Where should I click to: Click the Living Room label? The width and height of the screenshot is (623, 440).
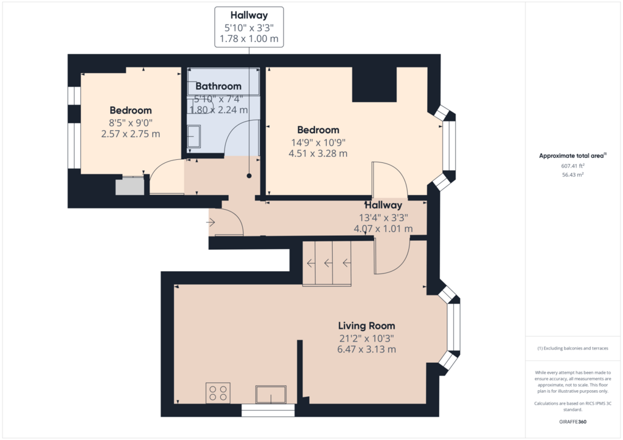pyautogui.click(x=366, y=326)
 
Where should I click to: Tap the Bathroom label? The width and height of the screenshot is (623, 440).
pyautogui.click(x=218, y=86)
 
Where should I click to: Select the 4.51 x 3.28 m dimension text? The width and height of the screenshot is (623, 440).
pyautogui.click(x=318, y=153)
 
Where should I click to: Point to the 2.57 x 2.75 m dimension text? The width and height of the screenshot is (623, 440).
pyautogui.click(x=130, y=134)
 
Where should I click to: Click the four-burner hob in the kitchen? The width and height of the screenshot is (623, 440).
pyautogui.click(x=218, y=393)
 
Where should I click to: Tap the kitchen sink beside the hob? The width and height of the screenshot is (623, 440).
pyautogui.click(x=271, y=394)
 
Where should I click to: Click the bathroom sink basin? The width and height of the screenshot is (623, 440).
pyautogui.click(x=194, y=137)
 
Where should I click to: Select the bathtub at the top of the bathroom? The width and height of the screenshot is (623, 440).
pyautogui.click(x=223, y=81)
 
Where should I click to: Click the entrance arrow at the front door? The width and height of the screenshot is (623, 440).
pyautogui.click(x=211, y=222)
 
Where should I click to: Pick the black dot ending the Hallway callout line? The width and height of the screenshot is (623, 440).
pyautogui.click(x=249, y=176)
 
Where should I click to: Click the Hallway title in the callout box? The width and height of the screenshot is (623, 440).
pyautogui.click(x=249, y=15)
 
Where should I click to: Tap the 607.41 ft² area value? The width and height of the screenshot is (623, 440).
pyautogui.click(x=573, y=166)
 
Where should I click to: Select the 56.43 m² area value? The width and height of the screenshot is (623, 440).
pyautogui.click(x=573, y=174)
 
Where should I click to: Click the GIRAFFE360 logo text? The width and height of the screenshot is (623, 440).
pyautogui.click(x=573, y=422)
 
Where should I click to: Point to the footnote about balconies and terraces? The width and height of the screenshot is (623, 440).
pyautogui.click(x=573, y=348)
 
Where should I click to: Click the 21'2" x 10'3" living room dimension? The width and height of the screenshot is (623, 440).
pyautogui.click(x=366, y=339)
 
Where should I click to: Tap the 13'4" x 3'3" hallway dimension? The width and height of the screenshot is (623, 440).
pyautogui.click(x=383, y=218)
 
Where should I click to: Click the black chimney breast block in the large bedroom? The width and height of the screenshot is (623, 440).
pyautogui.click(x=374, y=84)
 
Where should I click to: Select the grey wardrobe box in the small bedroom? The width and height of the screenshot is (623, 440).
pyautogui.click(x=130, y=187)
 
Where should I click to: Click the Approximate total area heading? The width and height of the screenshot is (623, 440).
pyautogui.click(x=573, y=156)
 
